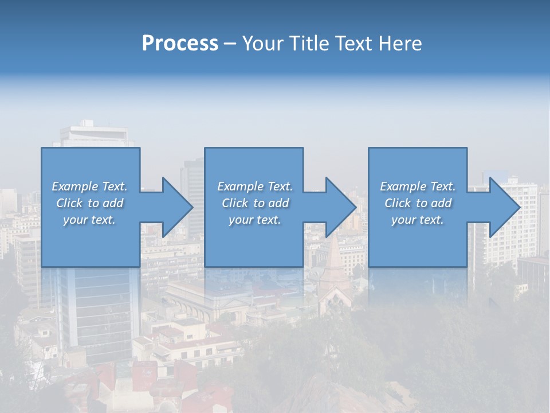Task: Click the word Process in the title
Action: pyautogui.click(x=180, y=44)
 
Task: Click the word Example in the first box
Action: pyautogui.click(x=74, y=186)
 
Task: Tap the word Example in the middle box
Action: pyautogui.click(x=240, y=186)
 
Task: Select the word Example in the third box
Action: pyautogui.click(x=403, y=186)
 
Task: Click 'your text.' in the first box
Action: pyautogui.click(x=89, y=220)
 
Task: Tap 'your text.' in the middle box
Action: pyautogui.click(x=255, y=220)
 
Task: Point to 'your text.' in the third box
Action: pyautogui.click(x=418, y=220)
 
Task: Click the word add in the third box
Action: pyautogui.click(x=441, y=203)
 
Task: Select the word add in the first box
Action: pyautogui.click(x=113, y=203)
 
